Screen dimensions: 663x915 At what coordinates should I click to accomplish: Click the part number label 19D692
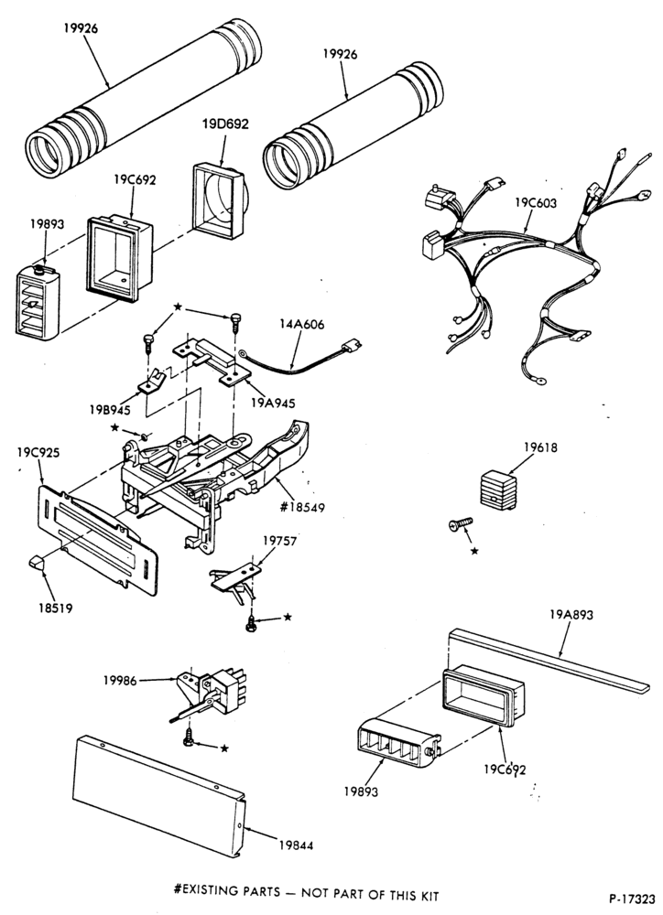(225, 124)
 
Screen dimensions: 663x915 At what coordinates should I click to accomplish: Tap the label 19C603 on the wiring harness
(536, 203)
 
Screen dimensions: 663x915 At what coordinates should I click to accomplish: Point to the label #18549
(302, 507)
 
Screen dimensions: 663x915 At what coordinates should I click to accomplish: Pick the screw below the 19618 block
(461, 524)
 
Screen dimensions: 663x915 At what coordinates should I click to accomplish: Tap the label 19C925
(38, 452)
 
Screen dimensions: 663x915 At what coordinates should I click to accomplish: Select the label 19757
(279, 541)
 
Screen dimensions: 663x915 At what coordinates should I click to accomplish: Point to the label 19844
(296, 845)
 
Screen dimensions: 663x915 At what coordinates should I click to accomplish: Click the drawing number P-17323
(633, 897)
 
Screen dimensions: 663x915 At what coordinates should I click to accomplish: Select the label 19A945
(274, 404)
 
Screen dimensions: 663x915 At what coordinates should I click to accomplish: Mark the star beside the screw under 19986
(224, 748)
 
